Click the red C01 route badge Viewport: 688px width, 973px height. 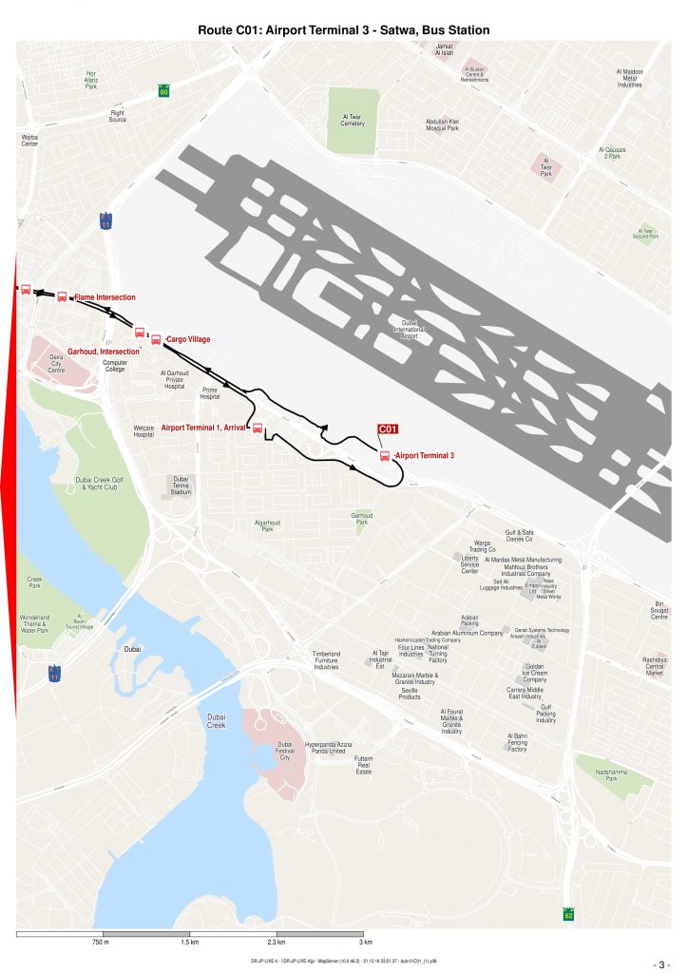coord(387,429)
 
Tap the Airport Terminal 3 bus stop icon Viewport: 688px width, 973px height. coord(385,456)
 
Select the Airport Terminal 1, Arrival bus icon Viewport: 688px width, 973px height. coord(257,428)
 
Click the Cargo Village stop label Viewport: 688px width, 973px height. coord(188,339)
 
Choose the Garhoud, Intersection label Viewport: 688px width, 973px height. coord(104,351)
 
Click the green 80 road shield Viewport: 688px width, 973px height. coord(164,92)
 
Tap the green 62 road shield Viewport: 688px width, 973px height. coord(568,914)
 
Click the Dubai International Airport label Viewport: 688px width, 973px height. coord(410,329)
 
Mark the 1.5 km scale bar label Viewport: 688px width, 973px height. coord(189,943)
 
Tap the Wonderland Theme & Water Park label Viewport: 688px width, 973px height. coord(34,623)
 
